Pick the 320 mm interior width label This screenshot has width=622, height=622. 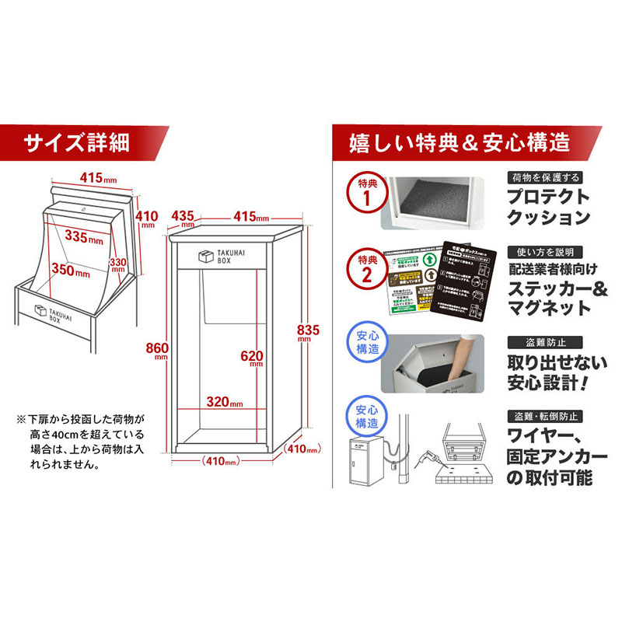pos(223,403)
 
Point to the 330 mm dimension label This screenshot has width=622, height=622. pos(117,265)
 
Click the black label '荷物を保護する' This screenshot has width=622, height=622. pos(543,177)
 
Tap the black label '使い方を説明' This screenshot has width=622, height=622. pos(544,253)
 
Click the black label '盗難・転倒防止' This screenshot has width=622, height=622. pos(544,414)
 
